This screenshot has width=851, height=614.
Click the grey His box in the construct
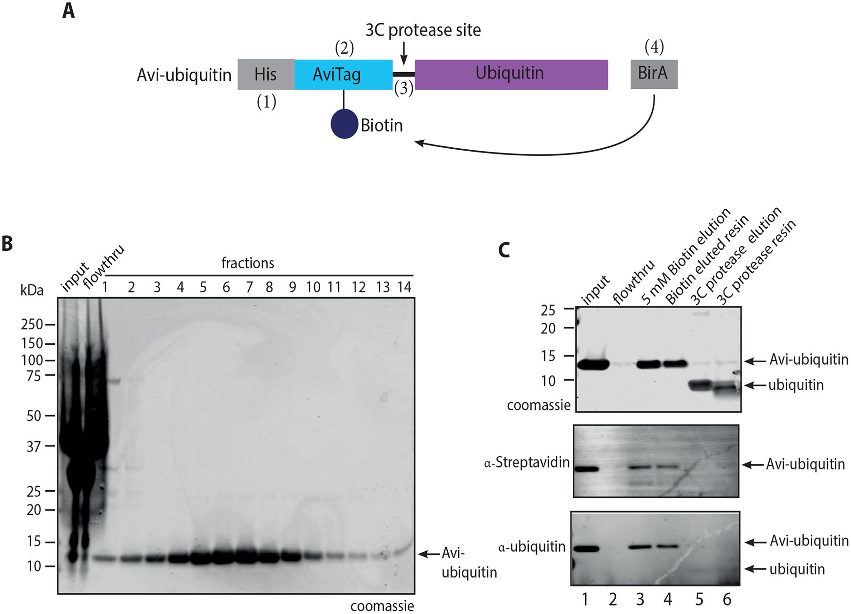266,75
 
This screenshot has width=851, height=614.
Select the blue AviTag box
343,75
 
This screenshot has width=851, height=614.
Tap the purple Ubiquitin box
511,75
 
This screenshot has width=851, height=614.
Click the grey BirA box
654,74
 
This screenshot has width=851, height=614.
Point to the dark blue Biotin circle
344,124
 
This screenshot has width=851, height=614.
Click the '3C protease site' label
423,30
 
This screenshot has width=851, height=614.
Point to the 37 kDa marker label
34,446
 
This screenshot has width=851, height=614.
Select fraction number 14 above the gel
404,287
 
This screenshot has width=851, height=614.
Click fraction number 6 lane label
226,287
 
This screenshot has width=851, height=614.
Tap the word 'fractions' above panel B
248,263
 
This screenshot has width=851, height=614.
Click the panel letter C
504,249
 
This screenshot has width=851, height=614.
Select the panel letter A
68,10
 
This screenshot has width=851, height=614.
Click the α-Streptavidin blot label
527,463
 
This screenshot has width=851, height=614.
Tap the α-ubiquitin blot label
532,546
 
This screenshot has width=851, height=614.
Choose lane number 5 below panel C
699,599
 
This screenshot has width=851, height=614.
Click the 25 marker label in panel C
548,310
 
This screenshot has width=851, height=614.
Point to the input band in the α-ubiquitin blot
585,549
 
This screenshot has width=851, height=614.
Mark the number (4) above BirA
655,47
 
